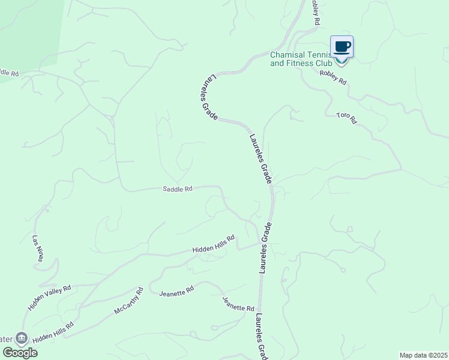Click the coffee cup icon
tap(342, 47)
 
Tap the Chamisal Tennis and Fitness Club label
tap(300, 58)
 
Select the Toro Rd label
tap(346, 118)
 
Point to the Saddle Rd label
tap(177, 189)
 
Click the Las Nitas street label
tap(38, 248)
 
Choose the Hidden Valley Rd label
tap(49, 297)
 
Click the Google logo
tap(19, 352)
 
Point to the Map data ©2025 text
tap(423, 355)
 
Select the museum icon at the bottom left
tap(22, 338)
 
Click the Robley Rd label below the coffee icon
tap(333, 77)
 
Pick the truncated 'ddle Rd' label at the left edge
tap(9, 73)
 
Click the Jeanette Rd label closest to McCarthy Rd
tap(176, 291)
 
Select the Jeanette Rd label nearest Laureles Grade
tap(238, 304)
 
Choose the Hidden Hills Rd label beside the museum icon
tap(53, 332)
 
